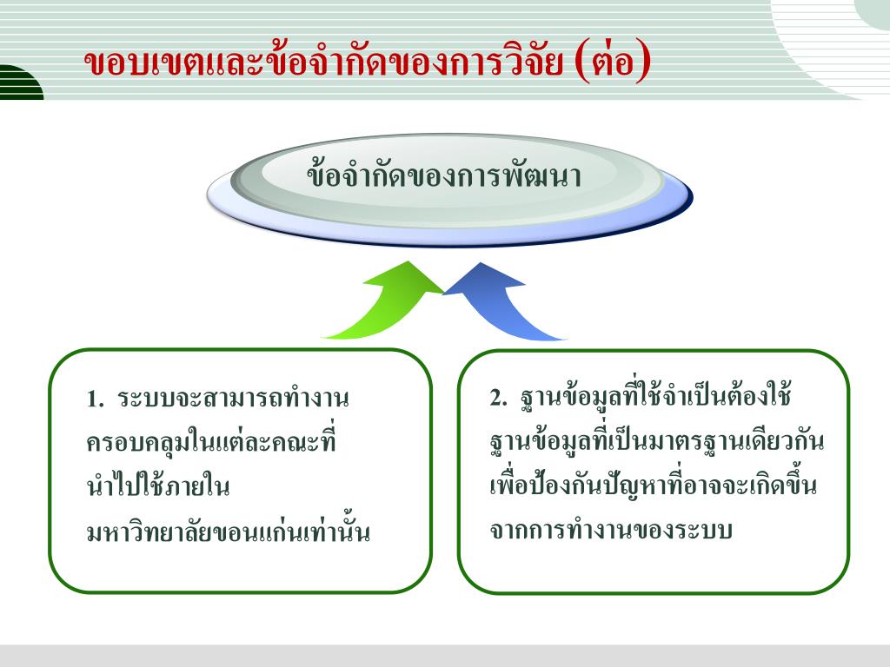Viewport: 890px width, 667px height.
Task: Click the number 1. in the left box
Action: pos(95,400)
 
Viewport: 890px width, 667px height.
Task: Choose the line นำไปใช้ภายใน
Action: pos(157,486)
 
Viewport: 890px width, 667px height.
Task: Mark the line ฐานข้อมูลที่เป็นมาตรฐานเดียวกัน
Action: pos(657,441)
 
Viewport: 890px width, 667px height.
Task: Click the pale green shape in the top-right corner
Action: pos(873,12)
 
